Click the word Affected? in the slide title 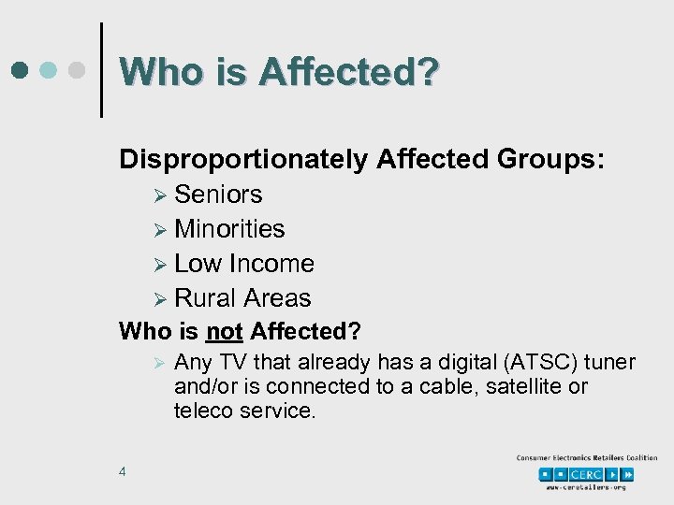(x=348, y=71)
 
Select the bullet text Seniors (x=218, y=195)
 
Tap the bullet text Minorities (x=229, y=229)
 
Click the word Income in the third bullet (x=271, y=264)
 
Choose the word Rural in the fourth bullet (x=206, y=298)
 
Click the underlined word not (x=225, y=332)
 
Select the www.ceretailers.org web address (x=587, y=487)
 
